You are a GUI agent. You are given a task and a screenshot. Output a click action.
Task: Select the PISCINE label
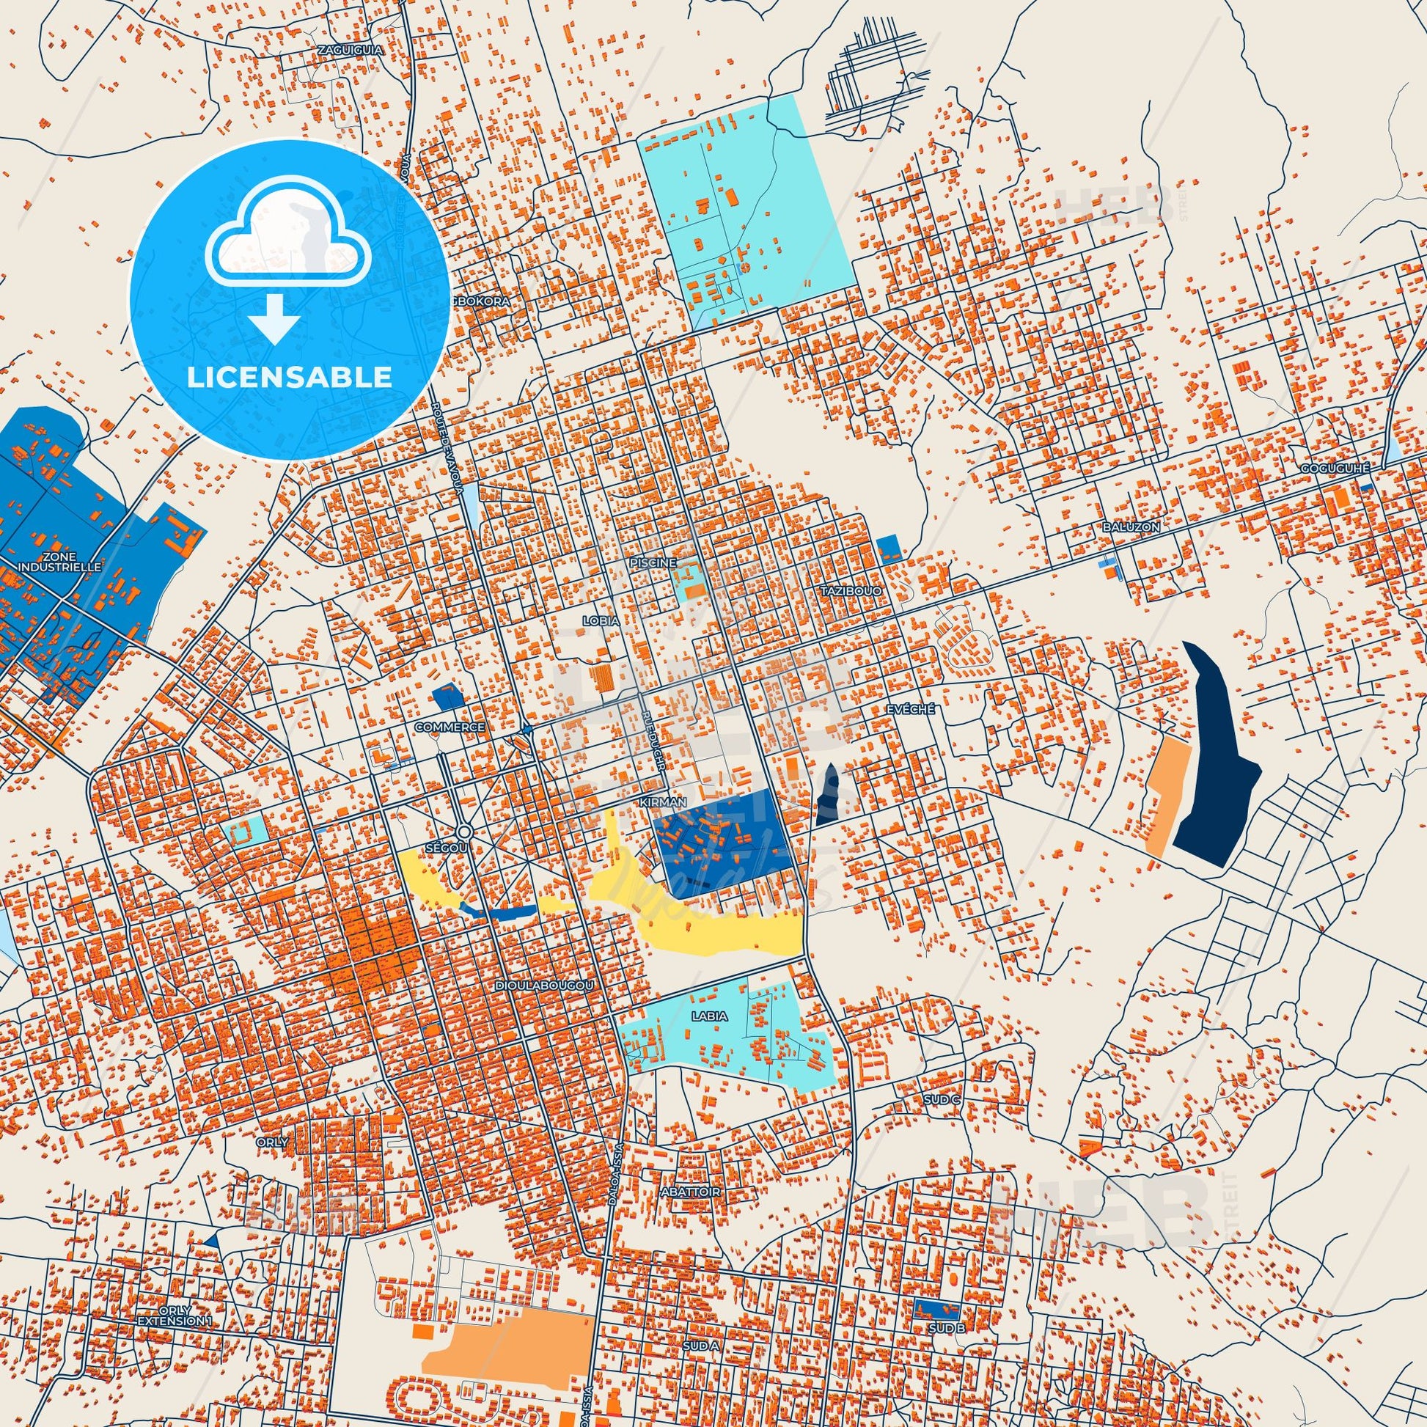pyautogui.click(x=653, y=562)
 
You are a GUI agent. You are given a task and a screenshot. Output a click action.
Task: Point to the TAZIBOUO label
pyautogui.click(x=851, y=592)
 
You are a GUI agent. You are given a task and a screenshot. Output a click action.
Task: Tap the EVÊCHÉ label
pyautogui.click(x=910, y=708)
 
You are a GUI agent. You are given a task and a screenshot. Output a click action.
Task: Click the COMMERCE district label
pyautogui.click(x=450, y=727)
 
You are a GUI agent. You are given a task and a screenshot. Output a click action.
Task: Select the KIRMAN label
pyautogui.click(x=664, y=801)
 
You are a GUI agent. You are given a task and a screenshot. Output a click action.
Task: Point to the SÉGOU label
pyautogui.click(x=447, y=848)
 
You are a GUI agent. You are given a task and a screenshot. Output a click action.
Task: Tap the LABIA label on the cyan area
pyautogui.click(x=710, y=1016)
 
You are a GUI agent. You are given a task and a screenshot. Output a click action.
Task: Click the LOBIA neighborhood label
pyautogui.click(x=601, y=621)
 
